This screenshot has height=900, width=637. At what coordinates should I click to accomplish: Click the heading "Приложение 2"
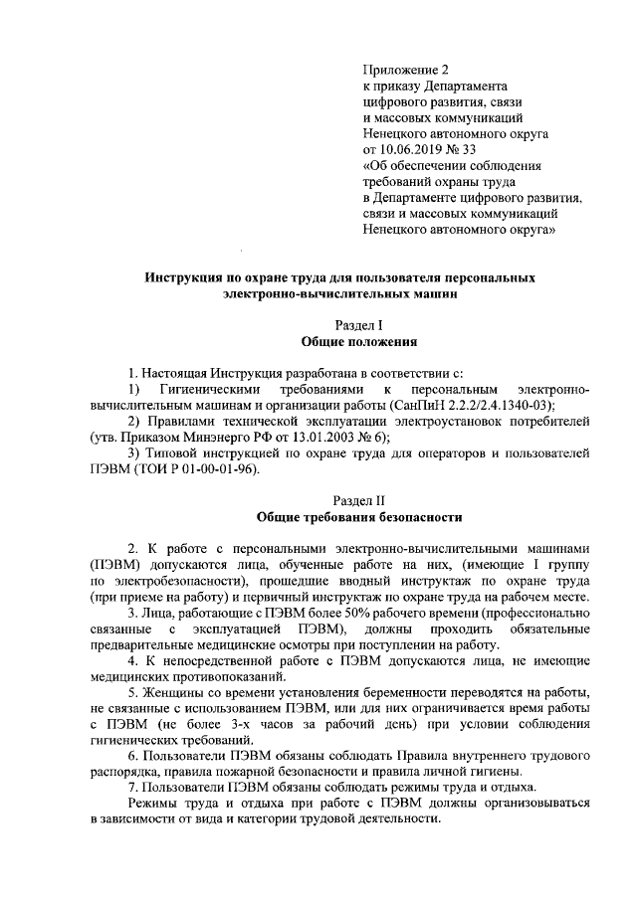(407, 71)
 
